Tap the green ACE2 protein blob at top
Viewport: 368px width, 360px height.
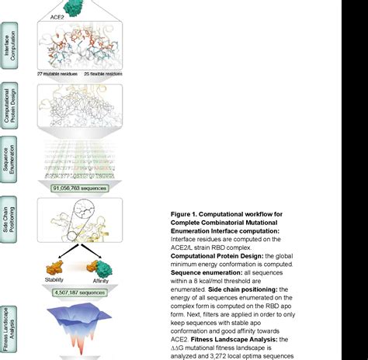[x=75, y=8]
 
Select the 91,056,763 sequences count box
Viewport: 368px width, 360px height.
[x=79, y=188]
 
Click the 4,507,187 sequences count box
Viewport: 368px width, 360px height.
[x=80, y=292]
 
